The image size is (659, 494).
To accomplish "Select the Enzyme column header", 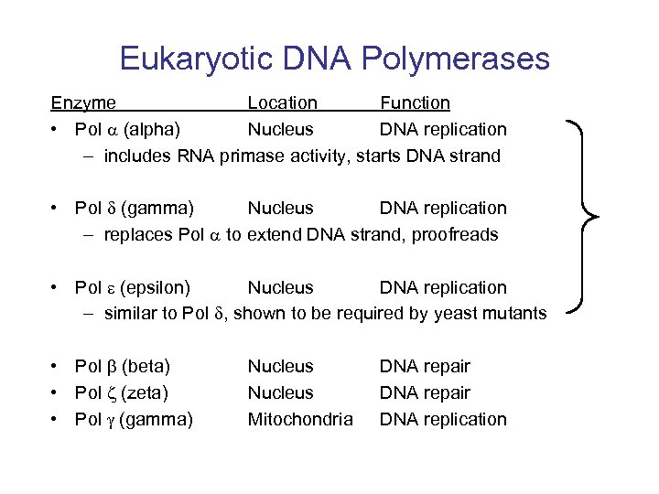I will tap(83, 103).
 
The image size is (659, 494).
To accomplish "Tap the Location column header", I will tap(283, 103).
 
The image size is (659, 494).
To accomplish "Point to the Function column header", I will tap(415, 103).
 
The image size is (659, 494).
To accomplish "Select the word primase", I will tap(273, 156).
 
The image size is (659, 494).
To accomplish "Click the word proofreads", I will tap(455, 235).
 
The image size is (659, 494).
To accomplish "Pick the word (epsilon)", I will tap(157, 288).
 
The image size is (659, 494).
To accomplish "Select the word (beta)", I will tap(146, 367).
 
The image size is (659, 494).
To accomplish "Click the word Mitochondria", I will tap(300, 420).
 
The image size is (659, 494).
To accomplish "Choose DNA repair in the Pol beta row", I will tap(425, 367).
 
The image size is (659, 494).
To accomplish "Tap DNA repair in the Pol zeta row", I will tap(425, 393).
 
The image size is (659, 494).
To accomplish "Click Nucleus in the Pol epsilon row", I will tap(280, 288).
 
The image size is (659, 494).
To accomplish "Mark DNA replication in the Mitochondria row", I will tap(443, 420).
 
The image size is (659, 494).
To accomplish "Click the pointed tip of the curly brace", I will tap(599, 217).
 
